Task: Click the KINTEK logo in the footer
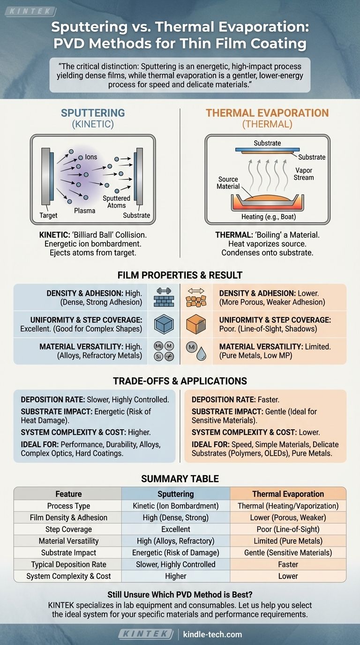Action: [x=146, y=634]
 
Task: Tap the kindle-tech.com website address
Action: [x=212, y=634]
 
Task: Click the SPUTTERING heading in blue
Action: [x=93, y=113]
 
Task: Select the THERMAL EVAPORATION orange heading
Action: [x=267, y=113]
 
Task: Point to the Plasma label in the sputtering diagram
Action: [x=84, y=210]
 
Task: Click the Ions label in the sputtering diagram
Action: [x=91, y=157]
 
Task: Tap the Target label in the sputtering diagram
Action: [x=48, y=215]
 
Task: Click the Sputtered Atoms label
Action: [x=116, y=202]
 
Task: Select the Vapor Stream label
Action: [x=304, y=174]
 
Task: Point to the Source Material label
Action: [x=228, y=183]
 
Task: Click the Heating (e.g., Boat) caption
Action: [x=268, y=217]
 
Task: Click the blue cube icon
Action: [x=164, y=324]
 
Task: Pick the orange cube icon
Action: [x=197, y=324]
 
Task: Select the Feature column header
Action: [x=68, y=494]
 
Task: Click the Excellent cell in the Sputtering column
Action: [x=176, y=529]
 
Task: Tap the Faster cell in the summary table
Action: [x=288, y=564]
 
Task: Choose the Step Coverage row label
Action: [x=68, y=529]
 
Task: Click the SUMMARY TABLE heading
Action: [x=180, y=479]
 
